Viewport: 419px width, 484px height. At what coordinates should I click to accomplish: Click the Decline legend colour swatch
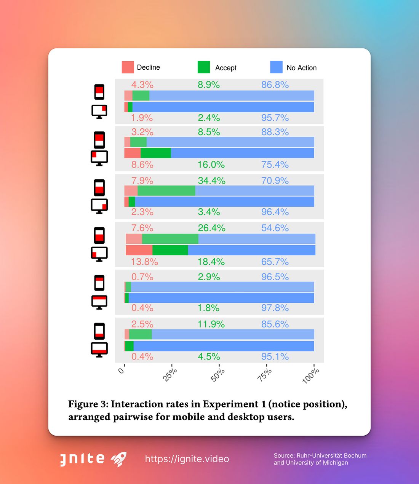point(128,67)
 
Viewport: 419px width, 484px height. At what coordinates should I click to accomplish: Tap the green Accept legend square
point(204,67)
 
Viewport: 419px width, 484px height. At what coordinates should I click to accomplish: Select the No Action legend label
point(301,68)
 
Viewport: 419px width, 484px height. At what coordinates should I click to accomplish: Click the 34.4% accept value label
point(211,181)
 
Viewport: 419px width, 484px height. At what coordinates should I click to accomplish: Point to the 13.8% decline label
point(144,262)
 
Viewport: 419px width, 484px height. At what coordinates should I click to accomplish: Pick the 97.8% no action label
point(275,308)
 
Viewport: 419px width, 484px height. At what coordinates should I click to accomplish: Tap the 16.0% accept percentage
point(211,165)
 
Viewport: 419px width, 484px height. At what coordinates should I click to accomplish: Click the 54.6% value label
point(275,228)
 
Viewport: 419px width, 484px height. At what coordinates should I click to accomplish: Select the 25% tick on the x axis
point(170,374)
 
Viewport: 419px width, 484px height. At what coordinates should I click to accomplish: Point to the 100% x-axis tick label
point(311,375)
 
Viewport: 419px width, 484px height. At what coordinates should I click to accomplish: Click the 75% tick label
point(265,375)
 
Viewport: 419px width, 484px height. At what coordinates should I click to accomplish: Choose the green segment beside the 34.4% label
point(166,191)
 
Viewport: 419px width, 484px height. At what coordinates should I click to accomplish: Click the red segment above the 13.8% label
point(139,250)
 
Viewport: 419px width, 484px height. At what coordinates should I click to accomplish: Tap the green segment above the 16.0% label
point(155,153)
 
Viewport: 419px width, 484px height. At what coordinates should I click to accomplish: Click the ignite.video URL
point(187,459)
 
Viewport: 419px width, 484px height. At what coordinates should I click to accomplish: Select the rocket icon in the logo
point(118,459)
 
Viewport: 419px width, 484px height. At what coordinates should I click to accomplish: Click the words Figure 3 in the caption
point(88,404)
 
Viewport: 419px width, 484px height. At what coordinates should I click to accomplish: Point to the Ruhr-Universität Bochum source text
point(320,455)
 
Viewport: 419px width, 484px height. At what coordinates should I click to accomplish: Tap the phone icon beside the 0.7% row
point(99,283)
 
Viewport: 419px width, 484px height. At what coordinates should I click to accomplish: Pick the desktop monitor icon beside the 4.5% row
point(99,349)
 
